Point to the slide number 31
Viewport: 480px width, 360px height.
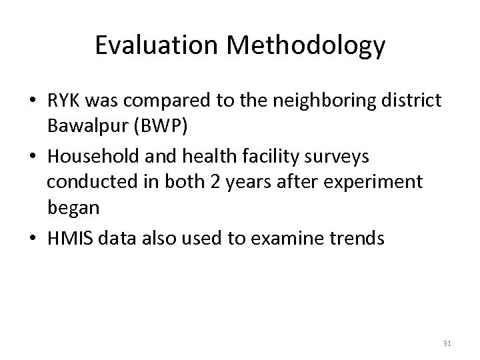coord(447,344)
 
